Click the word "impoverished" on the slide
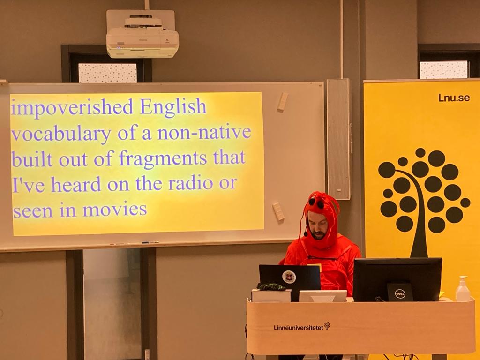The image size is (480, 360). click(72, 107)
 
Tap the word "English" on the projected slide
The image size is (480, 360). click(173, 107)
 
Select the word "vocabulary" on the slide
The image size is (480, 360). click(61, 134)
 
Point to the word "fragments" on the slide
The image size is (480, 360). click(163, 158)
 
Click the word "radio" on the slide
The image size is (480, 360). click(190, 183)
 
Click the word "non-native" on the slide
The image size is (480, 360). click(204, 132)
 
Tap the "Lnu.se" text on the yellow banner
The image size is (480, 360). click(454, 97)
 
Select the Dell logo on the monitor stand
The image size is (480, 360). click(400, 294)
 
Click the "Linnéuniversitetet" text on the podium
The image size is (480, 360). click(299, 328)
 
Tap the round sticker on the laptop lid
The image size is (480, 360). click(289, 277)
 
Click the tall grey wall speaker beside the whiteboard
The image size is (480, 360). click(338, 139)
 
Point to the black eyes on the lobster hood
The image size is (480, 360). click(316, 202)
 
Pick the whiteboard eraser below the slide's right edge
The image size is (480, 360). click(278, 211)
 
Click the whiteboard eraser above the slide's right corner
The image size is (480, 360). click(283, 102)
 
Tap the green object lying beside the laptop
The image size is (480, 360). click(271, 286)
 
